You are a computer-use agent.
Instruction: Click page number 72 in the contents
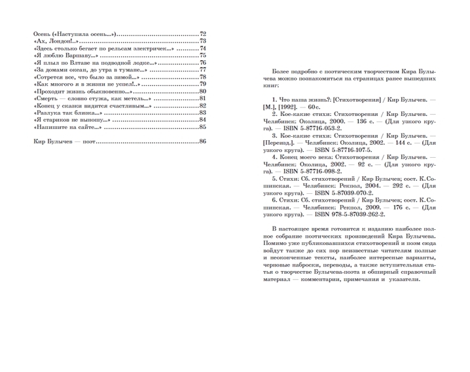(x=203, y=33)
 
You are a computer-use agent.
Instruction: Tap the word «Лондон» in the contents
(x=56, y=41)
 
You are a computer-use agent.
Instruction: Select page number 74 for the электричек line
(x=203, y=48)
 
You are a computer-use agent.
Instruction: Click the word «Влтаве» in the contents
(x=82, y=62)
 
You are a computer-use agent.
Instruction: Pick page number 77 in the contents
(x=203, y=69)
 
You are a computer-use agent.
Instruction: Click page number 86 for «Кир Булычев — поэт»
(x=203, y=141)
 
